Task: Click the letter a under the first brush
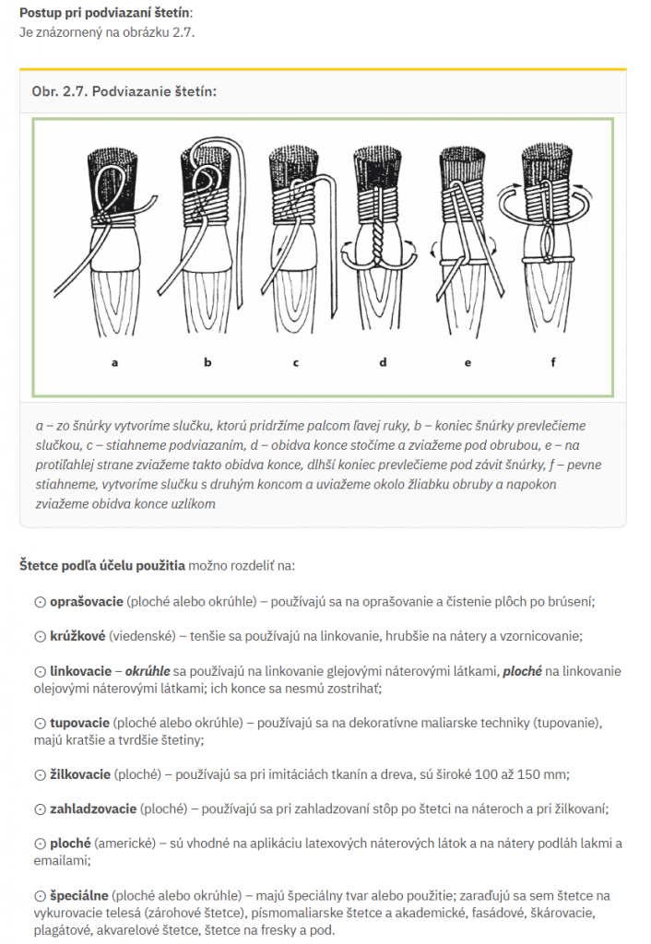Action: point(115,362)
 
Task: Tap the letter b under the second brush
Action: point(207,362)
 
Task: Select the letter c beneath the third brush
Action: point(296,362)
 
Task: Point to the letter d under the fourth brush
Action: point(383,362)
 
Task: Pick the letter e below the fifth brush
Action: point(468,362)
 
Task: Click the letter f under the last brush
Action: point(553,362)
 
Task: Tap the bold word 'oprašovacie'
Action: point(87,601)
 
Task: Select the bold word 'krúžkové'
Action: point(77,636)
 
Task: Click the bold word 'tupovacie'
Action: point(80,723)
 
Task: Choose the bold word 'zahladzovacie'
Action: point(93,808)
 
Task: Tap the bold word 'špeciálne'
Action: point(80,895)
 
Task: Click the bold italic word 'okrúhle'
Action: point(148,671)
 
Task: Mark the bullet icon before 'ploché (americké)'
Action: point(40,844)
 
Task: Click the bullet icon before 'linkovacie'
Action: point(40,671)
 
